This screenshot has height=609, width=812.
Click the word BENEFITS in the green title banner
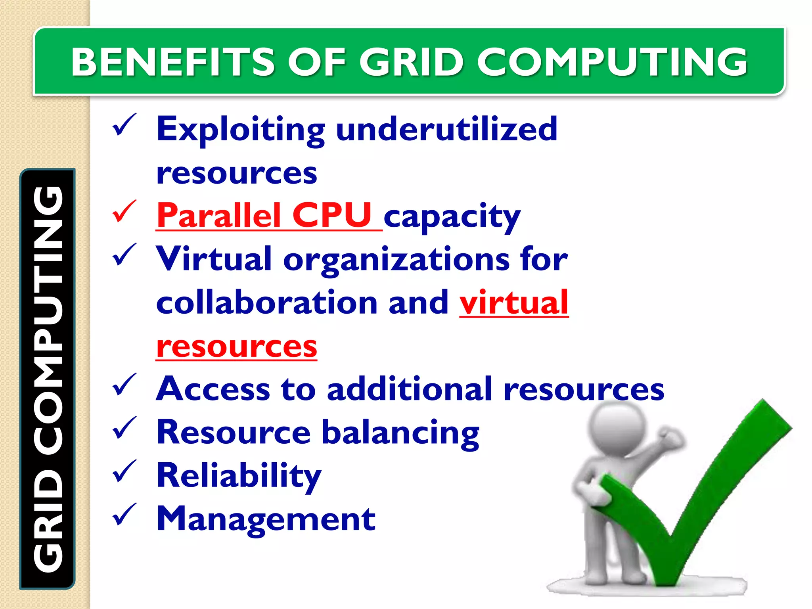tap(172, 62)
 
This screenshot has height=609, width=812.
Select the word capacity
tap(452, 217)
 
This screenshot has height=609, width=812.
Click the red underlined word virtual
tap(514, 303)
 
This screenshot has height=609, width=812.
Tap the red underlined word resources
tap(237, 347)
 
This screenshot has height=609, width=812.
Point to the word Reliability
tap(239, 476)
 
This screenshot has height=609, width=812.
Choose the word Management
tap(266, 519)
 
